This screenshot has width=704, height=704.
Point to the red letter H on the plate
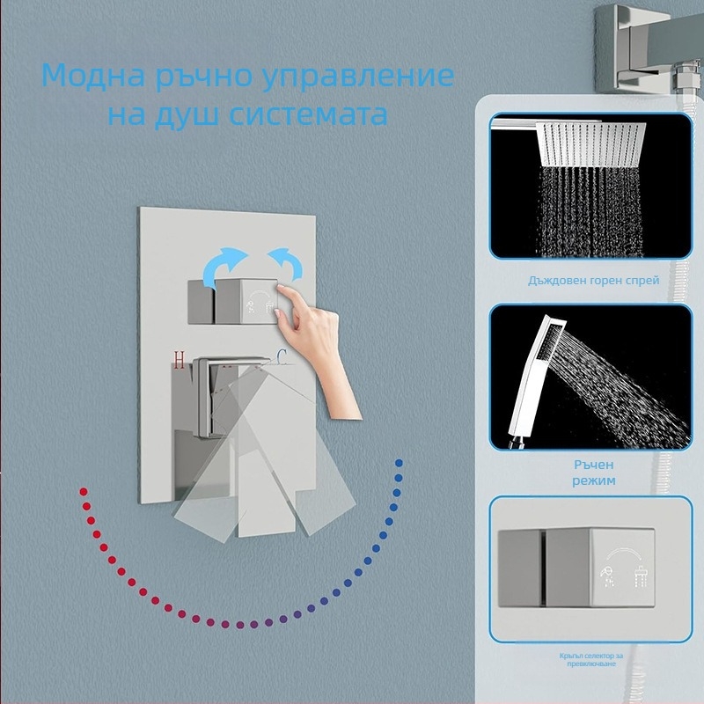coord(180,358)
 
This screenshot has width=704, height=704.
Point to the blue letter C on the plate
coord(281,356)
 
